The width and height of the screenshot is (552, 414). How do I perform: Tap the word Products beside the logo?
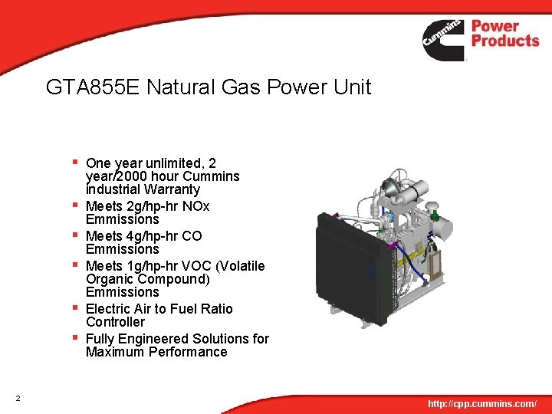pos(505,41)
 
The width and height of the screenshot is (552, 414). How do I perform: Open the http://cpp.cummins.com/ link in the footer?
pos(482,403)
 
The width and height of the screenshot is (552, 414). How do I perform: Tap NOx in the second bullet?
pos(195,206)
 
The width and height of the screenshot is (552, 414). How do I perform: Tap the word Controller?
pos(115,322)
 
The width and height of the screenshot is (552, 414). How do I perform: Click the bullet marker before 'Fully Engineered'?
pos(75,337)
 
